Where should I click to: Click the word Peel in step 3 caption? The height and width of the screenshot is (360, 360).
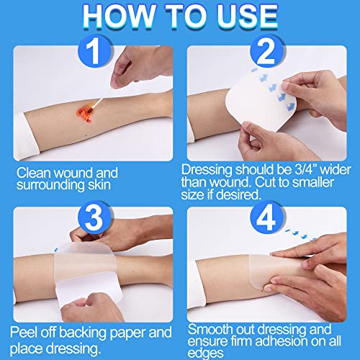24,333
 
